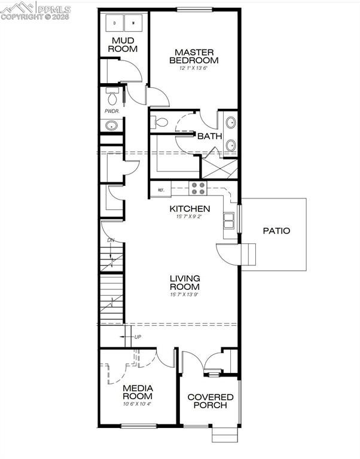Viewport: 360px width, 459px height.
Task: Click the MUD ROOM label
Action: click(124, 45)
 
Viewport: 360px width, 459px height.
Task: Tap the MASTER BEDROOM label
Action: click(194, 56)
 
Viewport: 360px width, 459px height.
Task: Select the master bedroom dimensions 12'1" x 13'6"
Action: click(194, 68)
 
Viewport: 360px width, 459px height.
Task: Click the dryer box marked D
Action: click(115, 23)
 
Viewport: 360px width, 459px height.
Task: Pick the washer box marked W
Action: click(133, 23)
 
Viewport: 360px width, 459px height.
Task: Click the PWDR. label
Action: click(112, 111)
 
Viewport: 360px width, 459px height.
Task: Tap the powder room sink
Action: click(112, 126)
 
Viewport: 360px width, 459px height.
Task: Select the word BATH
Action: click(210, 136)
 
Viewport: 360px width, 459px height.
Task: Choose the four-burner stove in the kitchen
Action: click(198, 189)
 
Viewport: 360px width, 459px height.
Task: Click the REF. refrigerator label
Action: click(161, 191)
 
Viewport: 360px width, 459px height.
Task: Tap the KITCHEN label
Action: click(190, 209)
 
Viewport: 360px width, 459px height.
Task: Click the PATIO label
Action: click(276, 231)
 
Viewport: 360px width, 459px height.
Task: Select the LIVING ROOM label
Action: click(184, 283)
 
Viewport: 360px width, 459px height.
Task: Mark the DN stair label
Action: click(110, 240)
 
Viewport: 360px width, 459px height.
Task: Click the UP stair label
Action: click(138, 337)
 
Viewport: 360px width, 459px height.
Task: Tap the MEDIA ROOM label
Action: click(138, 392)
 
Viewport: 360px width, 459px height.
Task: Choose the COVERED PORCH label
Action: click(207, 401)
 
